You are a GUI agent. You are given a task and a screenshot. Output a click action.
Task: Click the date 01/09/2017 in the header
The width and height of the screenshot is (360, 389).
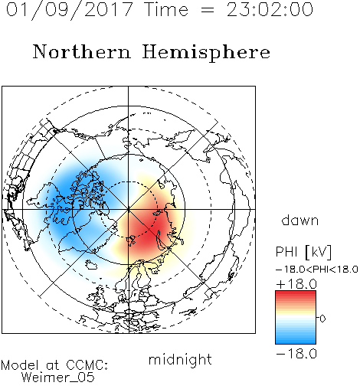[70, 10]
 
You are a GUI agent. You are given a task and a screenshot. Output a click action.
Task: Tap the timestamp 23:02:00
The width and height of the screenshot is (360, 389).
[270, 10]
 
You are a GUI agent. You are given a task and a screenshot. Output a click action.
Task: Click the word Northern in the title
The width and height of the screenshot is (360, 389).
[82, 51]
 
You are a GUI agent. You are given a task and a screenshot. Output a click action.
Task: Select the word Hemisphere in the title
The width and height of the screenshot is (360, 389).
[206, 53]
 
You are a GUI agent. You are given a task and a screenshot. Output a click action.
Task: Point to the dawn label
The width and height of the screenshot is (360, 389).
[300, 220]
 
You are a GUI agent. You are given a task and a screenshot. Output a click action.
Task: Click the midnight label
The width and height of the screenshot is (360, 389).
[180, 360]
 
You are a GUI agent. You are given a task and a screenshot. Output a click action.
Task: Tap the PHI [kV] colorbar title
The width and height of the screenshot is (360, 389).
[303, 252]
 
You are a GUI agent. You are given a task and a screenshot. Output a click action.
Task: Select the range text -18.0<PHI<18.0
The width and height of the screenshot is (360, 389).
[317, 270]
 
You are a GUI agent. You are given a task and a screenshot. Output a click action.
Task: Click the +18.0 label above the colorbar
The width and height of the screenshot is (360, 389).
[296, 284]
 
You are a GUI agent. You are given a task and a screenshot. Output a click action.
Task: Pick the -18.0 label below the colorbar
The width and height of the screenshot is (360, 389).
[296, 354]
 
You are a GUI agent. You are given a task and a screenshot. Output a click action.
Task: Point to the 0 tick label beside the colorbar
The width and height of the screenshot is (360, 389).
[322, 319]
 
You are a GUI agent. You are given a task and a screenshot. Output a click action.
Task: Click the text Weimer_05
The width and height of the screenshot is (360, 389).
[58, 378]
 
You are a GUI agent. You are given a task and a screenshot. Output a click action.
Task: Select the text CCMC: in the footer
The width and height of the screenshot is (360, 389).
[87, 365]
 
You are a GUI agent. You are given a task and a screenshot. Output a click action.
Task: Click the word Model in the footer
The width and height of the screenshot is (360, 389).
[20, 365]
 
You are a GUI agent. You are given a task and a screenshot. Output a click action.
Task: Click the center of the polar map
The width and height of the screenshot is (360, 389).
[129, 209]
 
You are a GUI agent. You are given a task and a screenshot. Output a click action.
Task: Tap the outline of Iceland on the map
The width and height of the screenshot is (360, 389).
[91, 265]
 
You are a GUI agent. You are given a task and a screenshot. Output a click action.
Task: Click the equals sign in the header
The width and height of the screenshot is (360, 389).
[208, 10]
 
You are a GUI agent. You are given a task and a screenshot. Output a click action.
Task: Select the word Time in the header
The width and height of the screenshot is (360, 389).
[166, 10]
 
